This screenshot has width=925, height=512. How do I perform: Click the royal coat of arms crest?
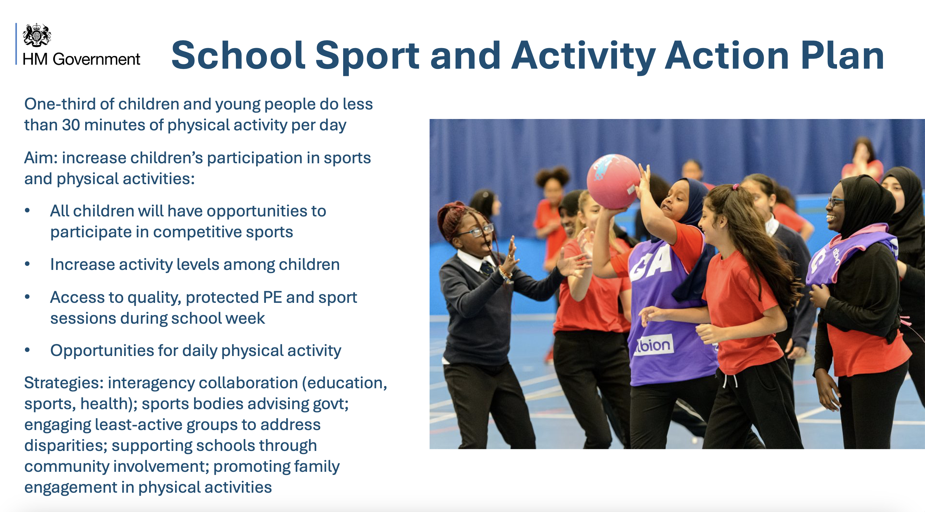pos(37,35)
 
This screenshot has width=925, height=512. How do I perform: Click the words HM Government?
pos(81,59)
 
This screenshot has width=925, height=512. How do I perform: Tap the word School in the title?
pos(238,55)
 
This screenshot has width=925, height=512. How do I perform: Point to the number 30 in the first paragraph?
pos(71,125)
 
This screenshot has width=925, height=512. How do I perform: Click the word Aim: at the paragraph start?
pos(41,158)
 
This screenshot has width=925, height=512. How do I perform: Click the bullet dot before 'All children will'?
pos(27,211)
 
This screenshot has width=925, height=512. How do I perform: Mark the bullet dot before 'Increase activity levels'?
pos(27,264)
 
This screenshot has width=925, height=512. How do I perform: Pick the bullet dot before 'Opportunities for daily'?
pos(27,350)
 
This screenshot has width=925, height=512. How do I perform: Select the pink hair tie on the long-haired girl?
pos(736,187)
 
